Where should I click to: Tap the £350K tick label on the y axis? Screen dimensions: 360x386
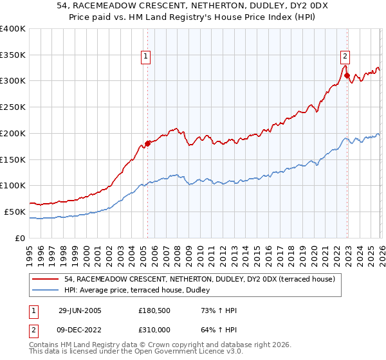(13, 55)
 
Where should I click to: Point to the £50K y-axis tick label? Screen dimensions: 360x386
(15, 212)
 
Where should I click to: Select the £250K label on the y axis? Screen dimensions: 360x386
(13, 107)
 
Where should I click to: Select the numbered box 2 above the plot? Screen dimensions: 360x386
(345, 55)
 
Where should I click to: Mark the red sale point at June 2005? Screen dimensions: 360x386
(147, 143)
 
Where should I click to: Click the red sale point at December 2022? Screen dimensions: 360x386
(347, 75)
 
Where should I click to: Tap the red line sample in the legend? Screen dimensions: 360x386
(46, 279)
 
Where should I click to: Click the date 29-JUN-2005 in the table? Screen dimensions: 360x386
(80, 310)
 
